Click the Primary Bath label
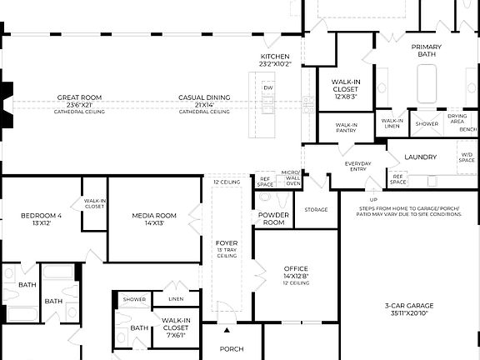(427, 51)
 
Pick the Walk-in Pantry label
(347, 127)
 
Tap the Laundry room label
(420, 157)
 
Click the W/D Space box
(467, 157)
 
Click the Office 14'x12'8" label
(295, 272)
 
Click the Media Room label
(154, 219)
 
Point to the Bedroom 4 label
(42, 219)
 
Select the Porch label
(232, 348)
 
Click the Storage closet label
(316, 210)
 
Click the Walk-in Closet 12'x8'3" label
(347, 88)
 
